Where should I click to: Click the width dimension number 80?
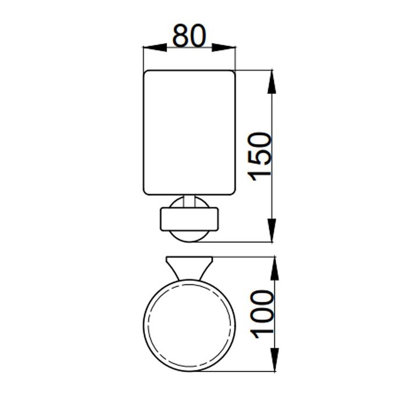click(x=189, y=37)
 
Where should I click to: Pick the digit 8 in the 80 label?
click(x=180, y=37)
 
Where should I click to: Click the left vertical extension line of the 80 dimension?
click(x=143, y=58)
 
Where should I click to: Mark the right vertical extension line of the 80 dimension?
click(x=235, y=58)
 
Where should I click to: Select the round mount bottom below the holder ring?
click(x=189, y=235)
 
